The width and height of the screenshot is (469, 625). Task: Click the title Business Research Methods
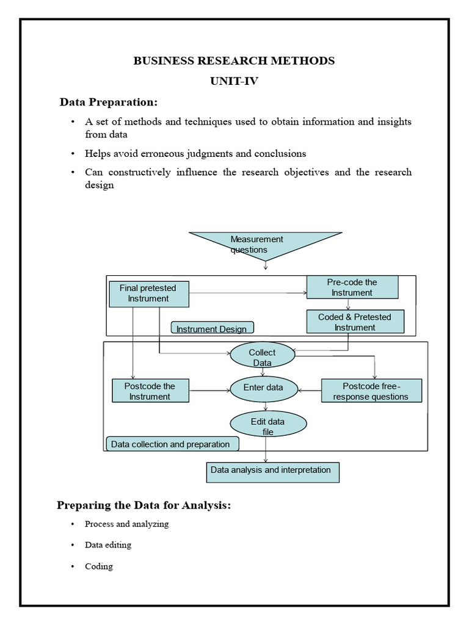(x=234, y=60)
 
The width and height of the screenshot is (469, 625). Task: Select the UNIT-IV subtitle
(x=234, y=81)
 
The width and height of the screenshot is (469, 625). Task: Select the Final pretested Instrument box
(x=148, y=294)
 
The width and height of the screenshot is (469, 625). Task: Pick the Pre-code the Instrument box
(x=352, y=287)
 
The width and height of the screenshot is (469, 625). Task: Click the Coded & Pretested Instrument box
(x=355, y=322)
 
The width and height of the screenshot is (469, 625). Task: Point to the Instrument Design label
(x=212, y=329)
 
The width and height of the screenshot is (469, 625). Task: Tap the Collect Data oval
(x=262, y=357)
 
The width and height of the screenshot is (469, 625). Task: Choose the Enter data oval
(x=263, y=388)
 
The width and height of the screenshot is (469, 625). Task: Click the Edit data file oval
(x=267, y=426)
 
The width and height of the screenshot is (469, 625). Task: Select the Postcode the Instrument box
(x=150, y=391)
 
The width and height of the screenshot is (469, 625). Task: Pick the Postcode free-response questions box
(x=371, y=391)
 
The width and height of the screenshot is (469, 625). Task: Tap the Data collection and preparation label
(x=171, y=444)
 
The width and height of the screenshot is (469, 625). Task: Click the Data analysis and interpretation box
(x=271, y=471)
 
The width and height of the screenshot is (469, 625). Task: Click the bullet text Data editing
(x=108, y=544)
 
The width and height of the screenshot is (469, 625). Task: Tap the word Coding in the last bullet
(x=99, y=566)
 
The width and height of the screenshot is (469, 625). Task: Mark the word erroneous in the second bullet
(x=159, y=153)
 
